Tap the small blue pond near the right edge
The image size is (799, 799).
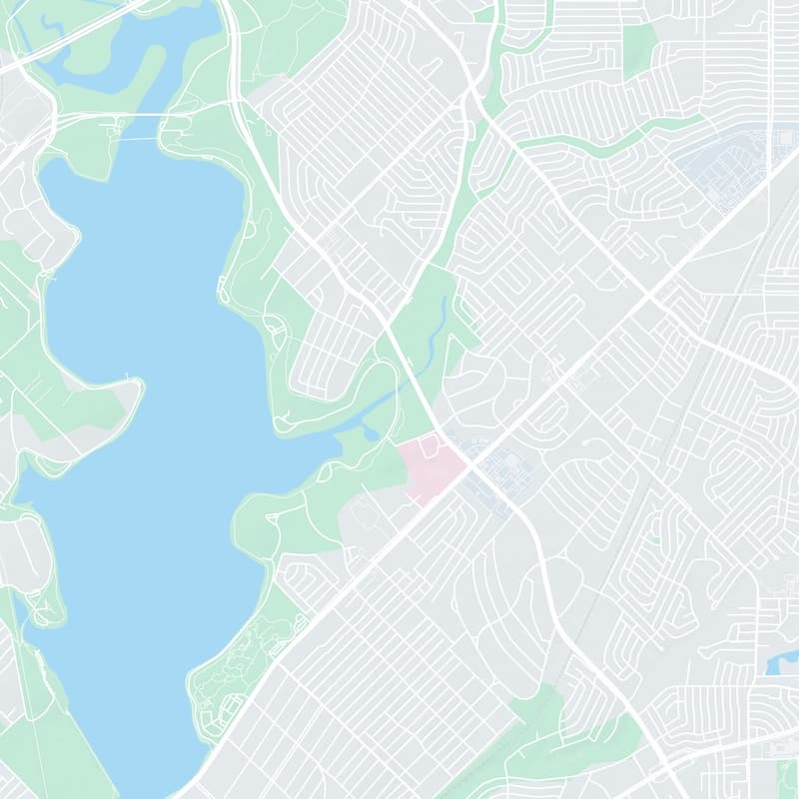pos(782,663)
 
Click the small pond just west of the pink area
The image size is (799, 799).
pos(372,433)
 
